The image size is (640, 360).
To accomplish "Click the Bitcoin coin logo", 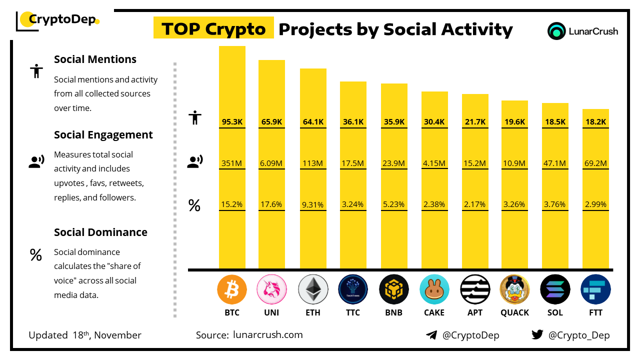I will (x=232, y=289).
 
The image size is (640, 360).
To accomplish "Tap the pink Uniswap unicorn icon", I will (x=271, y=289).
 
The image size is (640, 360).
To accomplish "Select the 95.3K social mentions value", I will (x=232, y=121).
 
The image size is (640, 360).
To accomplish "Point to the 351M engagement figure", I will (x=232, y=163).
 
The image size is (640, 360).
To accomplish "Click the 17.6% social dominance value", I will (x=271, y=204).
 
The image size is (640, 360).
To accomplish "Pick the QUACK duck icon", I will (x=514, y=289).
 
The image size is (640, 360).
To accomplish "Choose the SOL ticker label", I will (x=555, y=312).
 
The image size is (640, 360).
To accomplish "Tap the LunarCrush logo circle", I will (x=556, y=31).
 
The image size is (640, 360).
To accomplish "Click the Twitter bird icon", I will (x=537, y=334).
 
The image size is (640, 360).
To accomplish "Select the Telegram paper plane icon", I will (x=431, y=335).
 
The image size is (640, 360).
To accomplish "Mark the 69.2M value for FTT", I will (x=595, y=163).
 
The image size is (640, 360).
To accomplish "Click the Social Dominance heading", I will (x=100, y=232).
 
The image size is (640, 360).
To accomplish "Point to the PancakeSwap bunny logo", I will (x=434, y=289).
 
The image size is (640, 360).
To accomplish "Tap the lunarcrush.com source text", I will (x=268, y=334).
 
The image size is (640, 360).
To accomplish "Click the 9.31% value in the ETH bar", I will (x=313, y=204).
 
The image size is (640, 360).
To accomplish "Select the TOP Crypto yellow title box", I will (x=213, y=28).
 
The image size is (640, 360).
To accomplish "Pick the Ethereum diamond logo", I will (x=313, y=289).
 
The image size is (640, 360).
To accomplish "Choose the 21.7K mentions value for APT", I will (x=475, y=121).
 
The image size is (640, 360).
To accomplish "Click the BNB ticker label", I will (x=393, y=312).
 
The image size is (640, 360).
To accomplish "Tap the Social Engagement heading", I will (x=103, y=134).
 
